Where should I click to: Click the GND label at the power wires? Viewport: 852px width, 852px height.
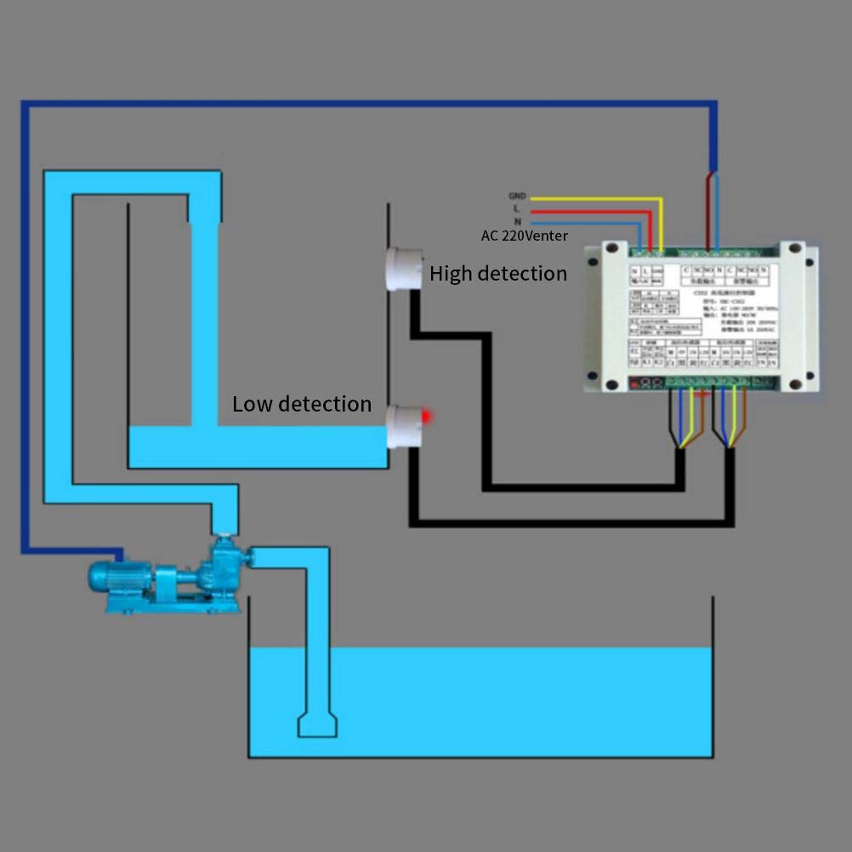(517, 196)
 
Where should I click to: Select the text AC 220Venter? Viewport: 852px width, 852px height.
(524, 236)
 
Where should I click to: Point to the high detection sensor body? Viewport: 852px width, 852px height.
(403, 268)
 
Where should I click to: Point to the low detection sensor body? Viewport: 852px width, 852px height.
(403, 426)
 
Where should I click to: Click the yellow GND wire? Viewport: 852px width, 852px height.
(595, 199)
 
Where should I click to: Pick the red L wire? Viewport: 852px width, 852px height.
(595, 210)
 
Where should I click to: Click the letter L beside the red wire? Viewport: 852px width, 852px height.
(517, 209)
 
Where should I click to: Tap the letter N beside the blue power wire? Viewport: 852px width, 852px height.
(517, 221)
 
